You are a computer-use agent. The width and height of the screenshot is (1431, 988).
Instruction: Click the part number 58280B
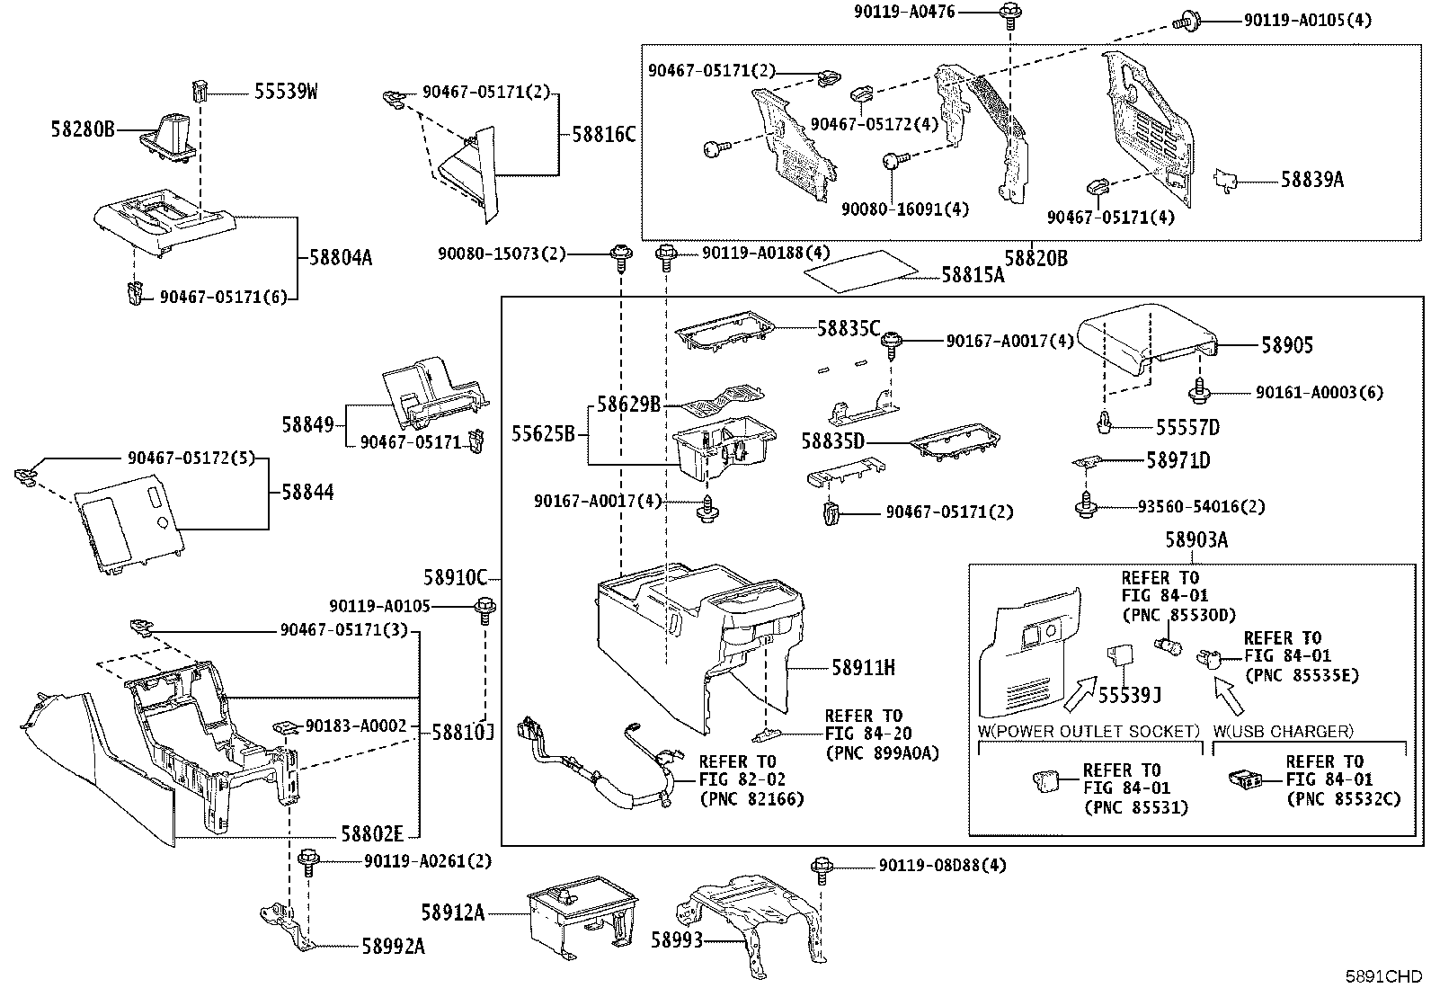[x=83, y=129]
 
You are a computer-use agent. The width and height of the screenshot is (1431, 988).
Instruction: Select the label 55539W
[x=286, y=92]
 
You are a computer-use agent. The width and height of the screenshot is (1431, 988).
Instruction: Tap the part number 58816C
[x=603, y=134]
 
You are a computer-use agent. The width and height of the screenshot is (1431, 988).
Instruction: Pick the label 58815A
[x=973, y=274]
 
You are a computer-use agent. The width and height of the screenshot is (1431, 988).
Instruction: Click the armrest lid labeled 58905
[x=1147, y=339]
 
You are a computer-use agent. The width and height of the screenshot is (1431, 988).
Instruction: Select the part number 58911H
[x=863, y=668]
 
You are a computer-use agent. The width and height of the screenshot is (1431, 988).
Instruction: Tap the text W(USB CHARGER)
[x=1283, y=731]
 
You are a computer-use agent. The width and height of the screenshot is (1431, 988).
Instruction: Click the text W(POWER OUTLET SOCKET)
[x=1089, y=731]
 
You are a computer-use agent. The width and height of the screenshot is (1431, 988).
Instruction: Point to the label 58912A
[x=453, y=912]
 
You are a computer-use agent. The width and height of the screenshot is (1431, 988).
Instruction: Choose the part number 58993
[x=677, y=940]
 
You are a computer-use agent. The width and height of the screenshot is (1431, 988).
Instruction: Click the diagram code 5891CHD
[x=1383, y=975]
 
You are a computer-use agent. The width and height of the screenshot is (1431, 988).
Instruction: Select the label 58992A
[x=393, y=946]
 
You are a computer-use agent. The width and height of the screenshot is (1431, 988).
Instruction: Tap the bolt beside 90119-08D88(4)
[x=822, y=869]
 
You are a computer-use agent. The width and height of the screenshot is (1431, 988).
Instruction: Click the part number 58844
[x=308, y=492]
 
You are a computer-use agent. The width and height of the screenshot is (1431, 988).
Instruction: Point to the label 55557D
[x=1187, y=427]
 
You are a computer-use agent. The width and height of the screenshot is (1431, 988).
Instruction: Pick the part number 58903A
[x=1196, y=540]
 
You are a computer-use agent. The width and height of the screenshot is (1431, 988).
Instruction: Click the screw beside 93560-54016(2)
[x=1086, y=505]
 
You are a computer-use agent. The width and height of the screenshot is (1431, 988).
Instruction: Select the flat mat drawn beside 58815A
[x=862, y=271]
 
